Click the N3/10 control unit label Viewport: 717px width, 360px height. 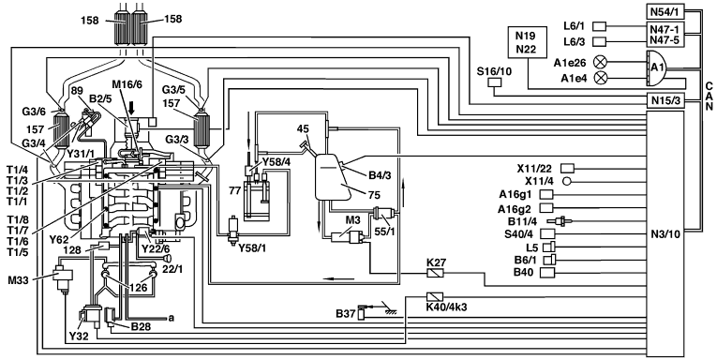click(x=665, y=234)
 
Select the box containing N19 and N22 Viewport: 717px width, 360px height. click(x=528, y=42)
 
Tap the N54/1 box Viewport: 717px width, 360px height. click(x=665, y=10)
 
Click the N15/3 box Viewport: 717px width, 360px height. click(x=665, y=100)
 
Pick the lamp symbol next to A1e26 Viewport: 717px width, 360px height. click(x=600, y=61)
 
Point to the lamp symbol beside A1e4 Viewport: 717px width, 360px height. click(x=600, y=78)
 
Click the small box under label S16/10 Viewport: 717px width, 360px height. click(x=495, y=82)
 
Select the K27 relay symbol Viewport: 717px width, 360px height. click(x=434, y=273)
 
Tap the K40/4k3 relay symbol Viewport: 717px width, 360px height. click(x=434, y=296)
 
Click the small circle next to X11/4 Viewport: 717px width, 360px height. click(x=566, y=181)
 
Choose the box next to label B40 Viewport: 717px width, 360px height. click(x=547, y=273)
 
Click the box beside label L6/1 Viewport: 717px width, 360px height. click(x=600, y=26)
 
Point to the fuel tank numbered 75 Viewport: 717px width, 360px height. click(x=334, y=176)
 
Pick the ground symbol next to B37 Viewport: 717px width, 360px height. click(x=390, y=311)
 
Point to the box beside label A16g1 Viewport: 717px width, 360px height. click(x=547, y=194)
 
